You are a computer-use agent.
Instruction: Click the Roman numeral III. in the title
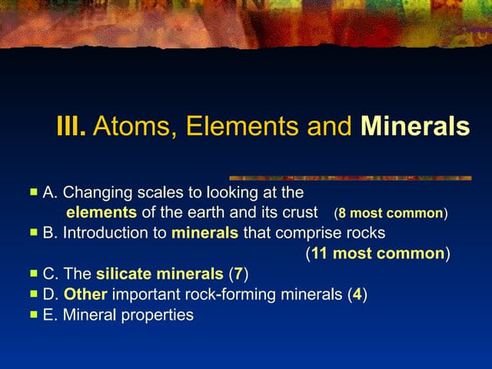(71, 126)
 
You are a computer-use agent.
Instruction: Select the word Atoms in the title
(125, 126)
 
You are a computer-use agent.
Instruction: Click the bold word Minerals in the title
(415, 126)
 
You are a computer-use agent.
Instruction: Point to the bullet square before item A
(33, 191)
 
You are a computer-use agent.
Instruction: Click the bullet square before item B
(33, 232)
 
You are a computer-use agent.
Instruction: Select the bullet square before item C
(33, 273)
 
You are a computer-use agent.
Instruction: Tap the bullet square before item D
(33, 294)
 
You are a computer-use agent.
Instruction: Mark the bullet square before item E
(33, 314)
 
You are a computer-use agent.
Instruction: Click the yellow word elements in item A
(101, 212)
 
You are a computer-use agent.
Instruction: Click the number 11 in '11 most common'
(319, 253)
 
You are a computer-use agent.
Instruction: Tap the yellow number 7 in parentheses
(238, 274)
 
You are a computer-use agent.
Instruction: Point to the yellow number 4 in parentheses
(357, 294)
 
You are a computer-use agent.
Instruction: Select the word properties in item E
(158, 315)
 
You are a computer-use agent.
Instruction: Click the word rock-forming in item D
(213, 294)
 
